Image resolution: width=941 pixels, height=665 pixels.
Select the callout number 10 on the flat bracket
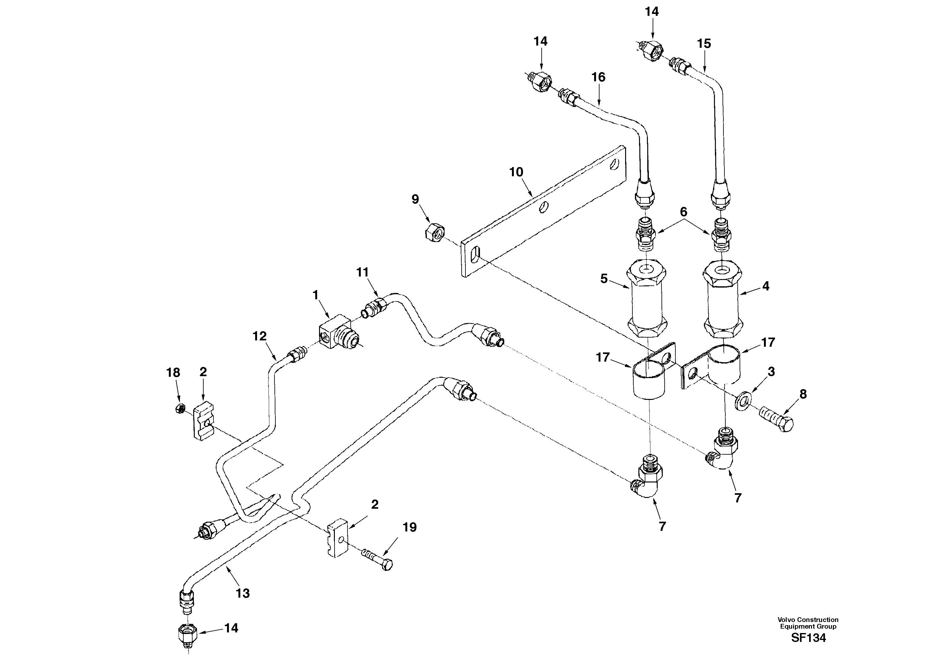point(516,172)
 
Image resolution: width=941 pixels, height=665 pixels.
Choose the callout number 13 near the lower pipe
point(243,593)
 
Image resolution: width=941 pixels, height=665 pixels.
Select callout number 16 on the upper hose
point(598,77)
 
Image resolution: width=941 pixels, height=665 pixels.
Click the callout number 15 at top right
point(704,43)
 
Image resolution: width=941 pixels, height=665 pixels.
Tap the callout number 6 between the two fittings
point(683,212)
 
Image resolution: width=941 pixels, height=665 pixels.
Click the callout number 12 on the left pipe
point(259,336)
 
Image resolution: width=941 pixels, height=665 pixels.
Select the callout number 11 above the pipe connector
point(362,272)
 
